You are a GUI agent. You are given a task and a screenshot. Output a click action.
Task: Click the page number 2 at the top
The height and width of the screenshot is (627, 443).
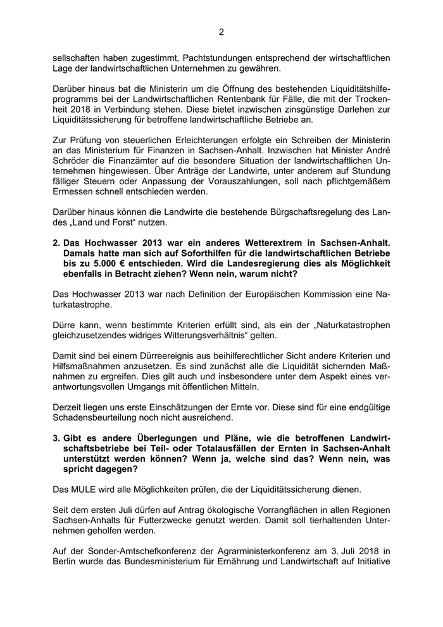pos(221,32)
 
